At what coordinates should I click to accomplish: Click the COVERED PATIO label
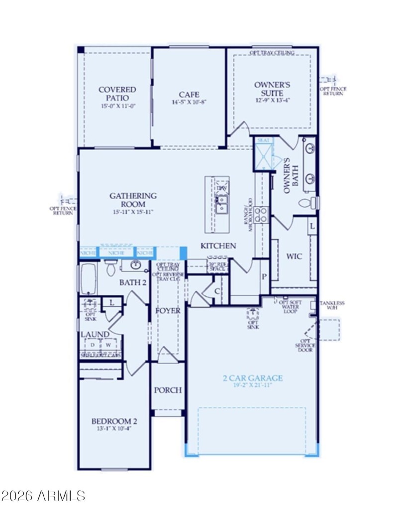[x=117, y=94]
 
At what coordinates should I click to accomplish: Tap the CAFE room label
[x=189, y=95]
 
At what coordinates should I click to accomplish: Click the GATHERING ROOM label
[x=133, y=200]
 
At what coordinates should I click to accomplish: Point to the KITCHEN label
[x=218, y=246]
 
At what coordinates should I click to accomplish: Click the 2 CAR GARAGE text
[x=246, y=378]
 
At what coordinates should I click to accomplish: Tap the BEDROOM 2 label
[x=114, y=421]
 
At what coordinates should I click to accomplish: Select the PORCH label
[x=168, y=390]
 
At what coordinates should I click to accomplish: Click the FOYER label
[x=168, y=310]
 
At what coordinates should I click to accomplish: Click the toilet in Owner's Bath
[x=309, y=203]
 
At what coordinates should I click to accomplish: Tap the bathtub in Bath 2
[x=88, y=279]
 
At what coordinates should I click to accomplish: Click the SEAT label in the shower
[x=262, y=141]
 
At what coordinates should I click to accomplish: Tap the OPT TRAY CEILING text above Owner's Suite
[x=272, y=52]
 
